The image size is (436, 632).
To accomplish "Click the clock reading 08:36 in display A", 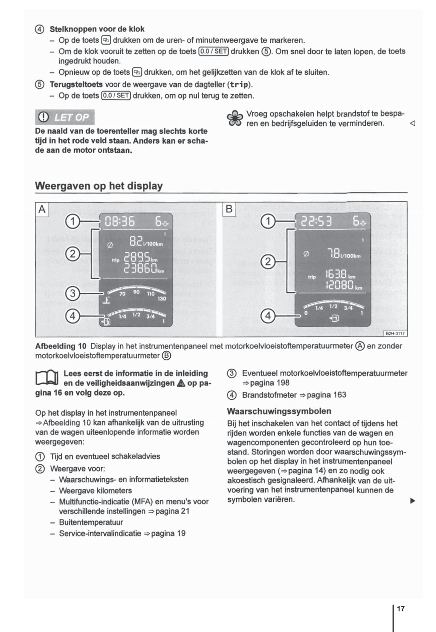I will coord(119,221).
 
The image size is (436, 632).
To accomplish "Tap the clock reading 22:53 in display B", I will coord(316,221).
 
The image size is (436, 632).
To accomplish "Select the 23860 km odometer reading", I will coord(140,269).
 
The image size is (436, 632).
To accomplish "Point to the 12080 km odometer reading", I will coord(339,285).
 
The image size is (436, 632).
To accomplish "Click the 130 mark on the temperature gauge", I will coord(162,298).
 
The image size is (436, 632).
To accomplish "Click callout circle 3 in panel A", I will coord(73,293).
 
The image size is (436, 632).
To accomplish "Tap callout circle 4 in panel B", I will coord(268,316).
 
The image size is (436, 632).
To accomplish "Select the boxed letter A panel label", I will coord(42,209).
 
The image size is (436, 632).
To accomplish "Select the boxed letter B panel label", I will coord(229,209).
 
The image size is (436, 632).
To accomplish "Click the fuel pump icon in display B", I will coord(334,318).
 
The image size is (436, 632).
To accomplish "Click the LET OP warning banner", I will coord(65,117).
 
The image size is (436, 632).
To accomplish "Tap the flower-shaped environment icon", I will coord(234,118).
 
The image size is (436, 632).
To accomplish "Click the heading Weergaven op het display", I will coord(99,186).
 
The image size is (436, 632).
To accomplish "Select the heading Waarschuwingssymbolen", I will coord(279,411).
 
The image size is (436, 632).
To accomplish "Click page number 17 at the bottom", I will coord(400,609).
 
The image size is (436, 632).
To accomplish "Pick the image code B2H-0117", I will coord(395,334).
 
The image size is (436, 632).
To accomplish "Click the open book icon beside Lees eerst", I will coord(47,378).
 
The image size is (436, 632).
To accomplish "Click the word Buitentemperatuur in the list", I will coord(91,522).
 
